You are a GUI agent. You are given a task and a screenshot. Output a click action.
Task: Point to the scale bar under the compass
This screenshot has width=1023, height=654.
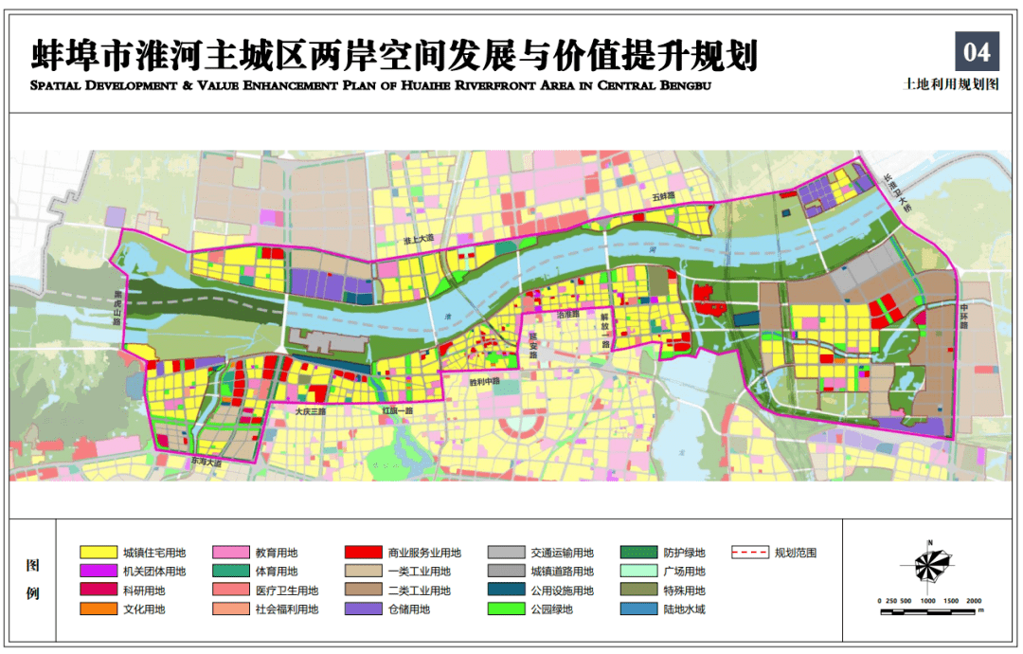tap(931, 609)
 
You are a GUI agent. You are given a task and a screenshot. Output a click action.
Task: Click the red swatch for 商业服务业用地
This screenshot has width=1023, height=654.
tap(363, 552)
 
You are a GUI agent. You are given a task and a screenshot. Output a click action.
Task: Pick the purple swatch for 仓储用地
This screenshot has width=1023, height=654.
tap(363, 609)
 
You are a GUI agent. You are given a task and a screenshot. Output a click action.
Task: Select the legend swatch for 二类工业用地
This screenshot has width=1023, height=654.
tap(363, 590)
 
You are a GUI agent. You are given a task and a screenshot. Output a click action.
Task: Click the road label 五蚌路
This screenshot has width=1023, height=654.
tap(662, 196)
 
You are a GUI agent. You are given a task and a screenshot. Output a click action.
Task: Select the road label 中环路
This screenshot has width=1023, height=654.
tap(965, 314)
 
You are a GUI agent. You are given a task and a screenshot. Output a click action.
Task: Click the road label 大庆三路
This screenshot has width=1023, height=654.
tap(309, 412)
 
